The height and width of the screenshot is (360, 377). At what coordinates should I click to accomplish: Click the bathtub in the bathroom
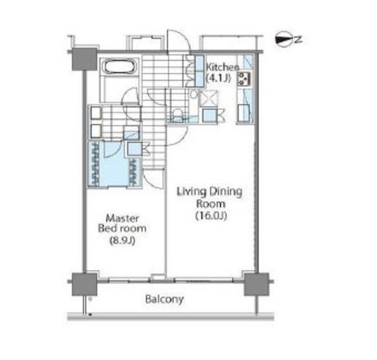click(120, 67)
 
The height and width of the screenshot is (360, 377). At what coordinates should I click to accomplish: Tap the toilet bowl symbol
click(178, 115)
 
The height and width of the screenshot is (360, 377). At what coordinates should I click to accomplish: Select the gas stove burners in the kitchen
click(243, 79)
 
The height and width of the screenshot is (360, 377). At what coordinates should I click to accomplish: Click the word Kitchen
click(223, 67)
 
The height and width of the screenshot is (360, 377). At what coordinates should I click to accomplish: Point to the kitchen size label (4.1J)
click(218, 78)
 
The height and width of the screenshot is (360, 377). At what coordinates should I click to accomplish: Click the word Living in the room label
click(192, 192)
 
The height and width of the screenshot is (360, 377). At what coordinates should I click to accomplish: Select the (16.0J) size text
click(211, 216)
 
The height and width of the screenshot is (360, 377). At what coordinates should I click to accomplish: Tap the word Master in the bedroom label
click(123, 218)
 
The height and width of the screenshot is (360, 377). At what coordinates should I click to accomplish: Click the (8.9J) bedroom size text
click(123, 241)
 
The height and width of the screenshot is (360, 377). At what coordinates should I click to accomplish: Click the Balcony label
click(165, 300)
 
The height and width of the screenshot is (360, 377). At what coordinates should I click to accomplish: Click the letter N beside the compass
click(299, 39)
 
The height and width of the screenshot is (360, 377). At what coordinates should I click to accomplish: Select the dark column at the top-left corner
click(84, 59)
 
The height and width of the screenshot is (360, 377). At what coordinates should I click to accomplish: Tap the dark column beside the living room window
click(256, 285)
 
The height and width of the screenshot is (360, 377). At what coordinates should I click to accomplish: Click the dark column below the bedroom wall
click(84, 285)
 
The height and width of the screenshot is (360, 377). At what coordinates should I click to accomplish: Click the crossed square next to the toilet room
click(208, 99)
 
